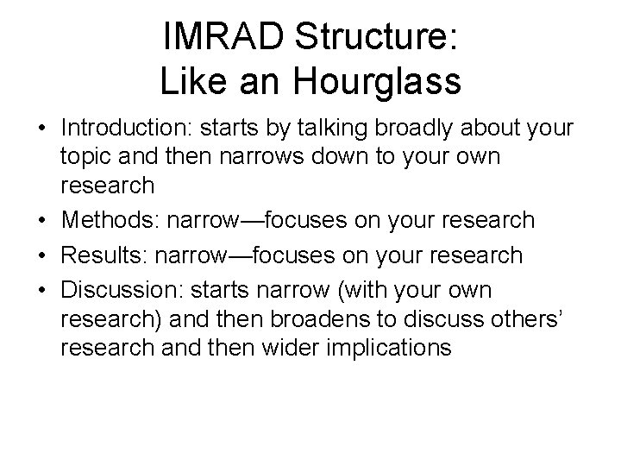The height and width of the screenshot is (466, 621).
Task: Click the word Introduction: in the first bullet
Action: (125, 129)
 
